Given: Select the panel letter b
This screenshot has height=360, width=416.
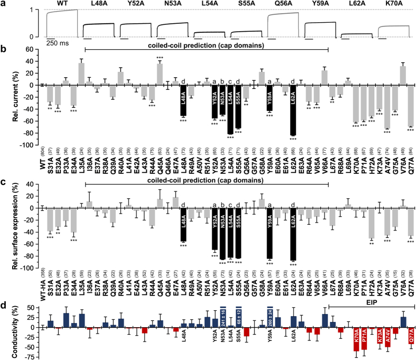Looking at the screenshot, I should click(4, 49).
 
